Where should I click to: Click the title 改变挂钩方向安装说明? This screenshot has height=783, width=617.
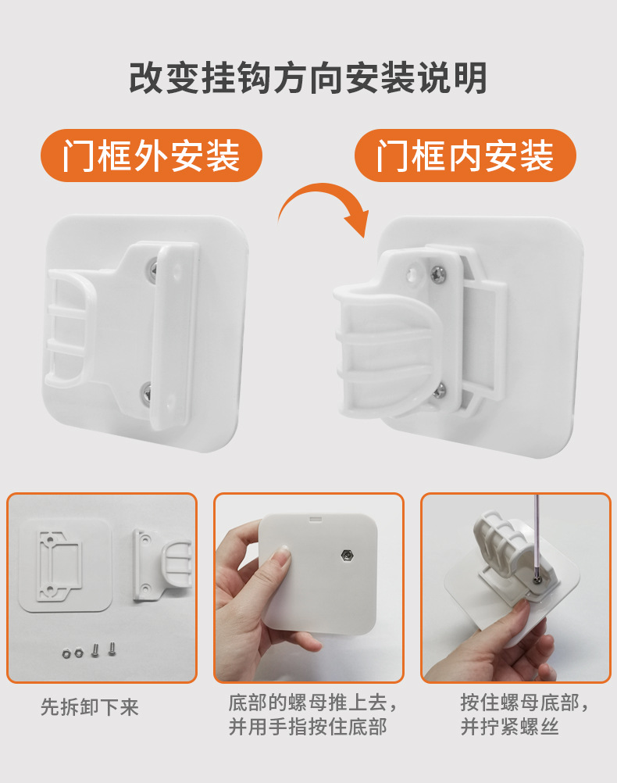(308, 78)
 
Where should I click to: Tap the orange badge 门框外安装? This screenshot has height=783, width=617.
(152, 156)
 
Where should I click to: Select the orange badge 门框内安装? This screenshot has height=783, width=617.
(465, 156)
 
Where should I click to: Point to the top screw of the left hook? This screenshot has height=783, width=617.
(154, 270)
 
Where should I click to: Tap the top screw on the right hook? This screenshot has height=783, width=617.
(439, 274)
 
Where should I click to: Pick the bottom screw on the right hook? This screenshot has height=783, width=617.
(439, 391)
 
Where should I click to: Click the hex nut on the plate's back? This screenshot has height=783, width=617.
(346, 556)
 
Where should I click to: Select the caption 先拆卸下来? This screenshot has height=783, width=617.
(89, 707)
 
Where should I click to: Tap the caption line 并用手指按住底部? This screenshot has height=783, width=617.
(308, 727)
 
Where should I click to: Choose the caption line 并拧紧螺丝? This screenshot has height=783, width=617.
(509, 727)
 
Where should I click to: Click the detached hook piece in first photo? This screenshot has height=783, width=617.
(162, 564)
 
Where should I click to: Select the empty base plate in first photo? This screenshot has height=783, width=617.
(65, 564)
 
